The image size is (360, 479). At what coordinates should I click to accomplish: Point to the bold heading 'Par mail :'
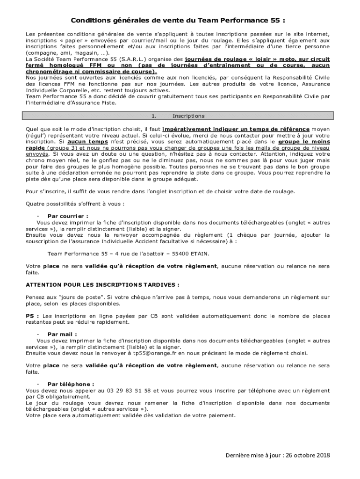[x=59, y=334]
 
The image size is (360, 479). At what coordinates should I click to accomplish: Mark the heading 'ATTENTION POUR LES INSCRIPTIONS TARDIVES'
[x=103, y=284]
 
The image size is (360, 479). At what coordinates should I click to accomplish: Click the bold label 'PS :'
[x=32, y=316]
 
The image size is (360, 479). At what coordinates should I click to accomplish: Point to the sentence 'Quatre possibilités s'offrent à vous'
[x=75, y=204]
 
